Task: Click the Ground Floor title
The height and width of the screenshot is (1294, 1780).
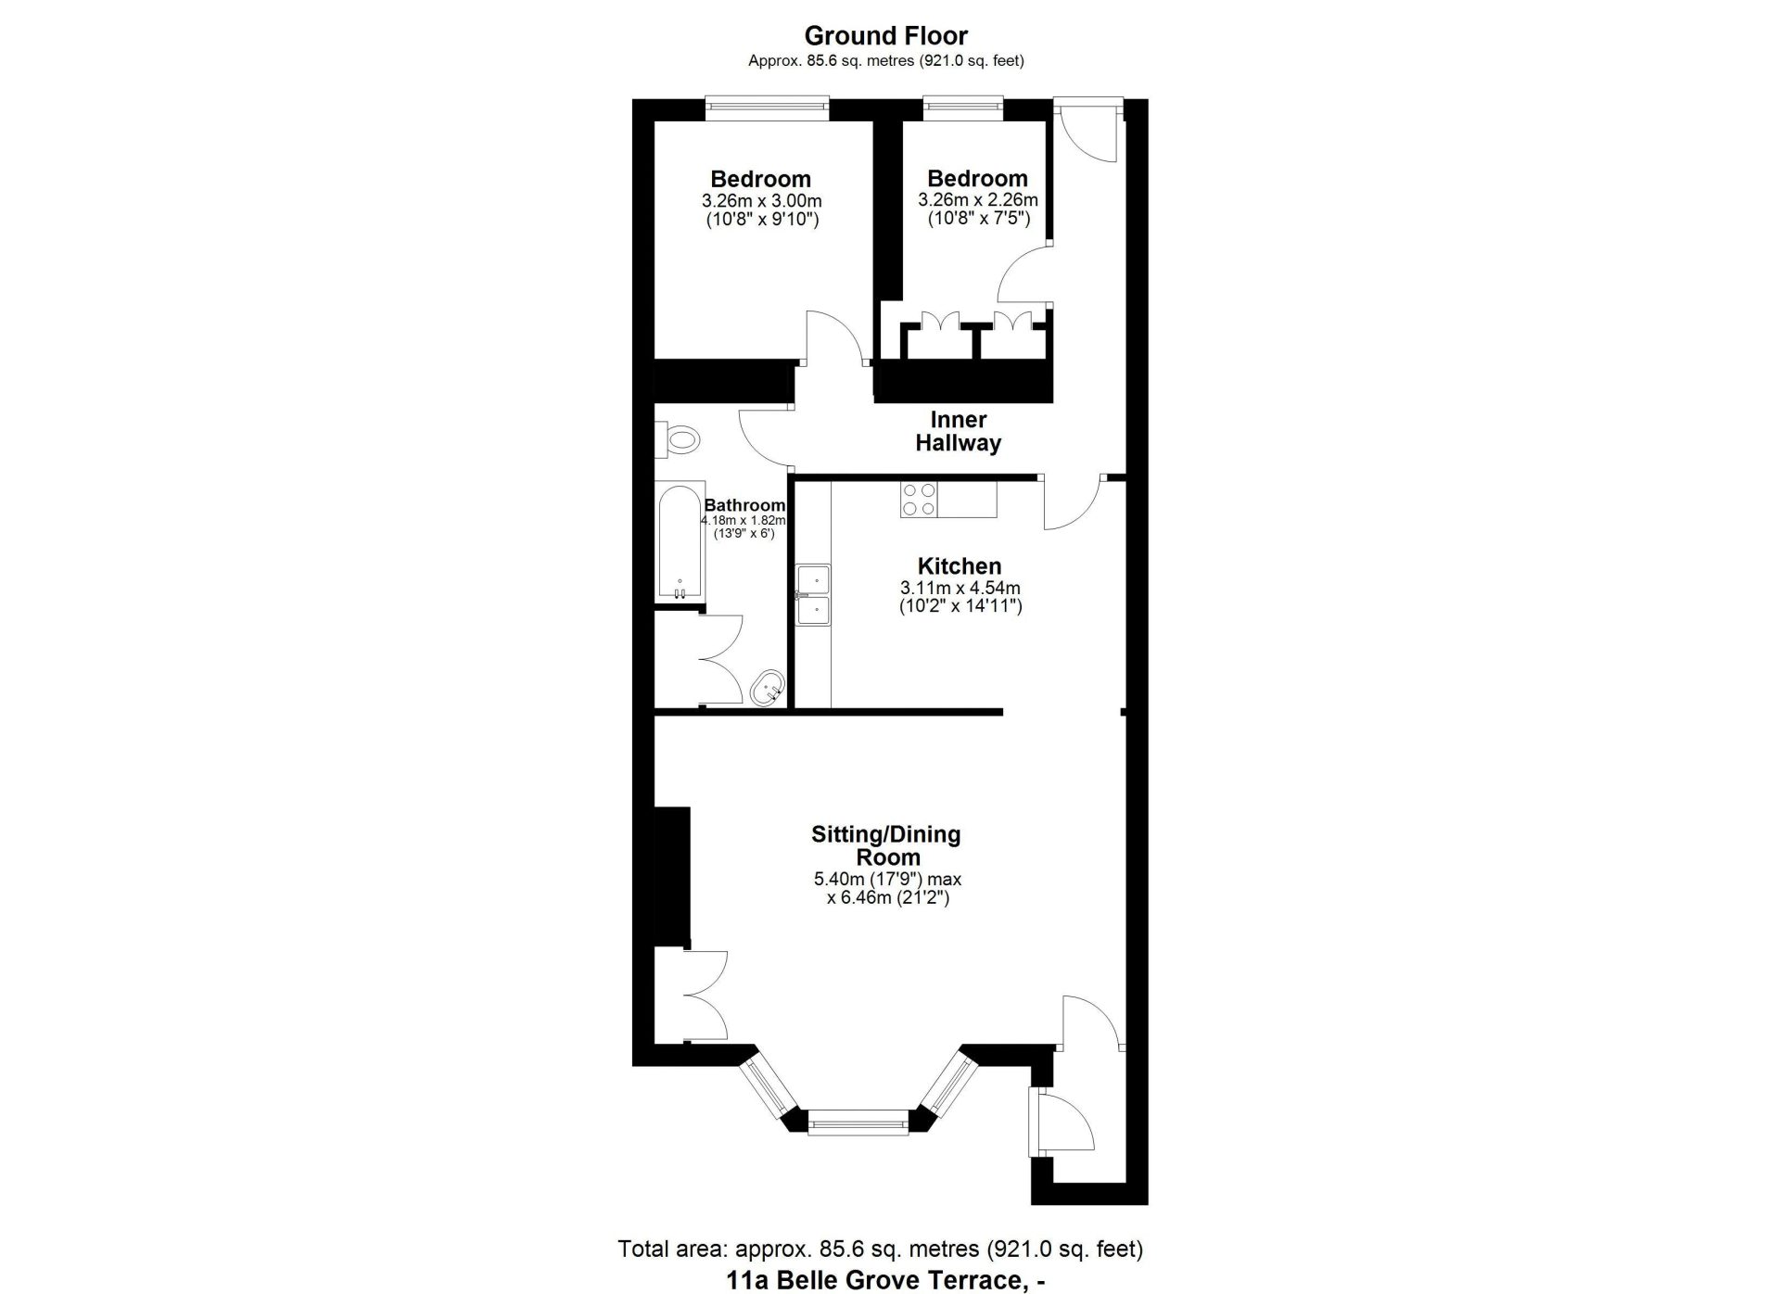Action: click(885, 36)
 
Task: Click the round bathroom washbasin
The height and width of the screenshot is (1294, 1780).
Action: click(769, 690)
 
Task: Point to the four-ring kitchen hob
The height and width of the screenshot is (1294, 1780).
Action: click(919, 500)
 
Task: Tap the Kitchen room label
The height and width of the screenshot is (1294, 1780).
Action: click(960, 566)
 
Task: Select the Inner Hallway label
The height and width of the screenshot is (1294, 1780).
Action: click(959, 431)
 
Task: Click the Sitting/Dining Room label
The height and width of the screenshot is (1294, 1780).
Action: click(886, 845)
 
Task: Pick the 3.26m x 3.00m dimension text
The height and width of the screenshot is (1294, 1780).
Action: click(762, 201)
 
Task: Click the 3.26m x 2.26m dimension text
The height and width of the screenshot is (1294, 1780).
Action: click(978, 200)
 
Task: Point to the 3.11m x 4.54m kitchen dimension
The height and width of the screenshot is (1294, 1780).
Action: click(960, 588)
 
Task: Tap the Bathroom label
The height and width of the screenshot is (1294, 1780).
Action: click(744, 505)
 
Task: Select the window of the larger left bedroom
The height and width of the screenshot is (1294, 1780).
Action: click(766, 107)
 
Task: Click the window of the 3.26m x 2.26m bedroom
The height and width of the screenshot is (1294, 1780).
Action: click(963, 107)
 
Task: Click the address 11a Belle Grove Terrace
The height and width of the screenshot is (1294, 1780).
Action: click(888, 1280)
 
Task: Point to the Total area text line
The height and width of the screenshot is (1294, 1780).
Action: click(881, 1249)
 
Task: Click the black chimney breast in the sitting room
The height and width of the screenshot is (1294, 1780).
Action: click(672, 877)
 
